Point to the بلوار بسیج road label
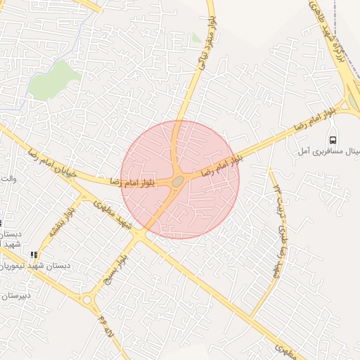point(118,271)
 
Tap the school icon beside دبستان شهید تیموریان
point(33,255)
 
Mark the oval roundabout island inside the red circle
point(178,181)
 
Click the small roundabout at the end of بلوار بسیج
point(86,300)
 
